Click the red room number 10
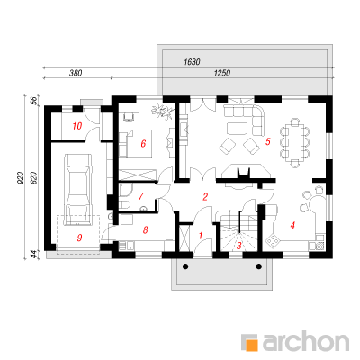77,126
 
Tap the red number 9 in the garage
79,238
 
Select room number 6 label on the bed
143,144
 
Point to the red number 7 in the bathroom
141,196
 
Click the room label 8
146,230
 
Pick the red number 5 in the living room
268,141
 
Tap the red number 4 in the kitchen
292,225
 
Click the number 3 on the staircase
239,246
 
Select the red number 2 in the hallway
205,197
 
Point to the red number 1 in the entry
201,236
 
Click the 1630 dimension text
192,62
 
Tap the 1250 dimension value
222,73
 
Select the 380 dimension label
76,73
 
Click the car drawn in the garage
77,189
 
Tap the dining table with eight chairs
295,142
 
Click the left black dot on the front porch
185,266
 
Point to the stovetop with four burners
273,239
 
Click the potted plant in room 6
162,112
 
